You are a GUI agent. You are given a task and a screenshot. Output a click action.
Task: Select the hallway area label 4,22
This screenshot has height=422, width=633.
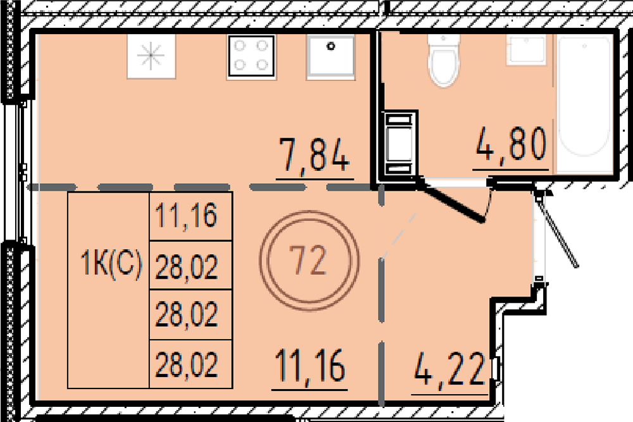pos(449,369)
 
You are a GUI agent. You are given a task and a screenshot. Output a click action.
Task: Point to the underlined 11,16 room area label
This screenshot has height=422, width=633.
pos(310,366)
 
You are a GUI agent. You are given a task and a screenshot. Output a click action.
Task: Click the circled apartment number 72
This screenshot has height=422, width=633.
pos(310,260)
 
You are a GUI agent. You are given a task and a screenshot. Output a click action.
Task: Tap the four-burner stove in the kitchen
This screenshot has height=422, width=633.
pos(251,56)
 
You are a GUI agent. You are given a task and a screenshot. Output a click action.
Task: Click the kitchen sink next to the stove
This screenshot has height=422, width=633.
pos(330,56)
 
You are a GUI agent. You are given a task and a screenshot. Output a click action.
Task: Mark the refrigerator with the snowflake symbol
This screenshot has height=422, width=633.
pos(151,56)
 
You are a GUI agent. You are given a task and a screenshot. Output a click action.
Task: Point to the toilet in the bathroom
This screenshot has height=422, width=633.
pos(444,61)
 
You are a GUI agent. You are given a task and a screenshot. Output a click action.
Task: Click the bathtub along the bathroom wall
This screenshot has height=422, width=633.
pos(584,96)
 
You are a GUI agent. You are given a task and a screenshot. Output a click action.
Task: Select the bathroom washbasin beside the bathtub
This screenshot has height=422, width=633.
pos(526,49)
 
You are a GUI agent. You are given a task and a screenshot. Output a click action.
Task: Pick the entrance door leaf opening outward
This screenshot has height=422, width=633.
pos(558,231)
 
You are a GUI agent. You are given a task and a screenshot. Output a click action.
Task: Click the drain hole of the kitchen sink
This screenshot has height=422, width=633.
pos(331,46)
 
